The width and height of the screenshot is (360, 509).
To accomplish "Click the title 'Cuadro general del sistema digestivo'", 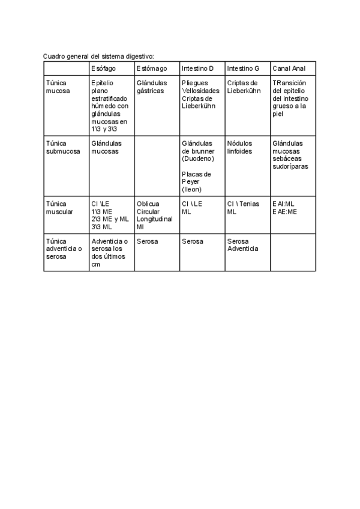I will (x=98, y=56).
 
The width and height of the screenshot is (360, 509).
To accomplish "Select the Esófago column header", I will (x=104, y=68).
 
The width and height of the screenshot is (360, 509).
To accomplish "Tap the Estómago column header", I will (x=151, y=68).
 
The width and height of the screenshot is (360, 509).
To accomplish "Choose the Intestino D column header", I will (x=197, y=68).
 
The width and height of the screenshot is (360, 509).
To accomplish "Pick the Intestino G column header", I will (x=243, y=68).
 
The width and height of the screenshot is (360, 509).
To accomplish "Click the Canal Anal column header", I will (x=289, y=68).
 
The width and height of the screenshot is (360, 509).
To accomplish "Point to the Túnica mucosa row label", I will (x=58, y=87).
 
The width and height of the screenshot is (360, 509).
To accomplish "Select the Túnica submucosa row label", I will (x=62, y=148).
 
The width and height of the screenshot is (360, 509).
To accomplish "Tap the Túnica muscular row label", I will (x=59, y=208).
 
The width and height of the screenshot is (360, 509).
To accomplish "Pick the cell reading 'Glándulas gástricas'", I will (x=150, y=87).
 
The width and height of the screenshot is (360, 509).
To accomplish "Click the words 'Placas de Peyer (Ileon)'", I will (x=197, y=181).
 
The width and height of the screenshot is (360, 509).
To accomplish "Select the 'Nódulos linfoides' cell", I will (x=240, y=148).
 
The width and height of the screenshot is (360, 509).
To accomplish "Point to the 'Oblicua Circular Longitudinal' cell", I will (x=154, y=215).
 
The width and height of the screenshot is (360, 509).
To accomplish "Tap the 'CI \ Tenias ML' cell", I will (x=243, y=208).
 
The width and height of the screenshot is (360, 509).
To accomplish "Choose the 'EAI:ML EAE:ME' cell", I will (x=284, y=208).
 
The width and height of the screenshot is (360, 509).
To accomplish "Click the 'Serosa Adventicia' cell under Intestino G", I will (x=242, y=245).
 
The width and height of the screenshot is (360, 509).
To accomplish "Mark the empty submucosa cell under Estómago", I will (x=157, y=166).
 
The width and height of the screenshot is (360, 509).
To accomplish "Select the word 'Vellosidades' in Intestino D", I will (x=201, y=91).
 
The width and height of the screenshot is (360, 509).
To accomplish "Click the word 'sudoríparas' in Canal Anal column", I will (x=290, y=166).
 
